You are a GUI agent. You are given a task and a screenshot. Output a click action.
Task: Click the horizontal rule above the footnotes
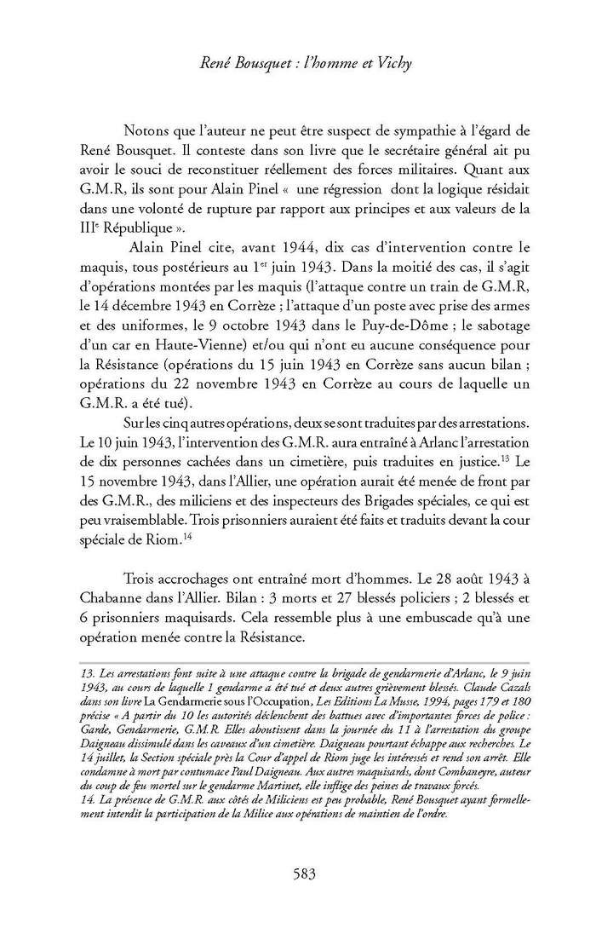point(298,661)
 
